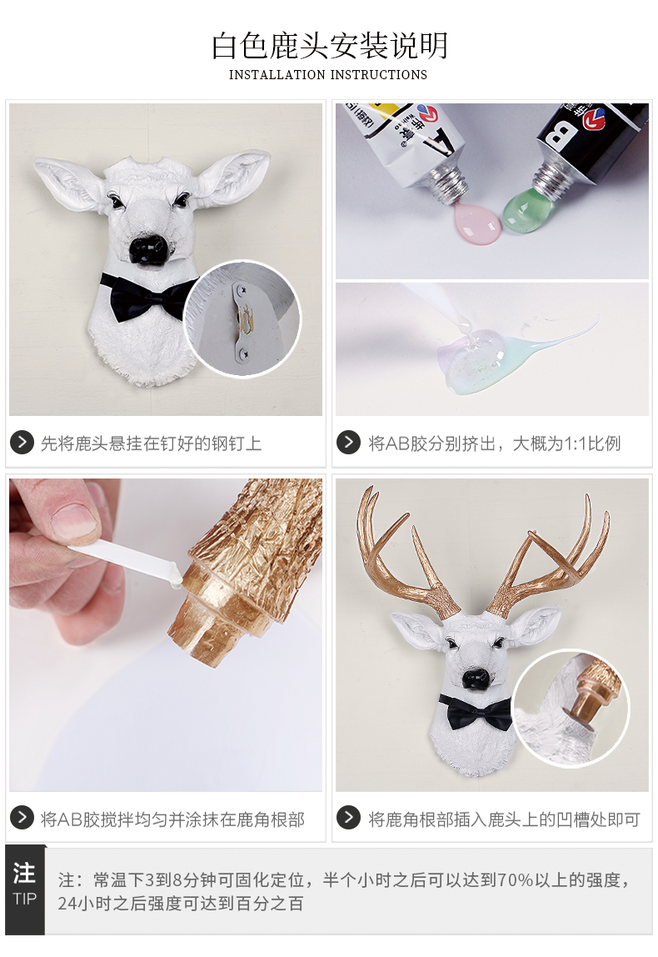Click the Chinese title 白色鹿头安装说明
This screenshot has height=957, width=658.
click(329, 46)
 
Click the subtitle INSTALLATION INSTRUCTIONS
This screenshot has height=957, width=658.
click(328, 74)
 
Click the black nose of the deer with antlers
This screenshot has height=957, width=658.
click(476, 679)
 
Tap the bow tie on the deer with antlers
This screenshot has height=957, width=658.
click(476, 712)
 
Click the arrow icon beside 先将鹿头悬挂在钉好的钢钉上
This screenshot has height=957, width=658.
click(22, 442)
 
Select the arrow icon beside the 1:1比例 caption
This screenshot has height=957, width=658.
click(348, 442)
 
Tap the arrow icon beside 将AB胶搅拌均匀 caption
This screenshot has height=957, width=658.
click(22, 817)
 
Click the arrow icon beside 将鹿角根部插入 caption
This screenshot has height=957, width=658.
click(348, 817)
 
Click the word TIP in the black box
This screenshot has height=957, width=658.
click(24, 899)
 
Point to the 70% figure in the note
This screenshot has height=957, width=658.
click(516, 879)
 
